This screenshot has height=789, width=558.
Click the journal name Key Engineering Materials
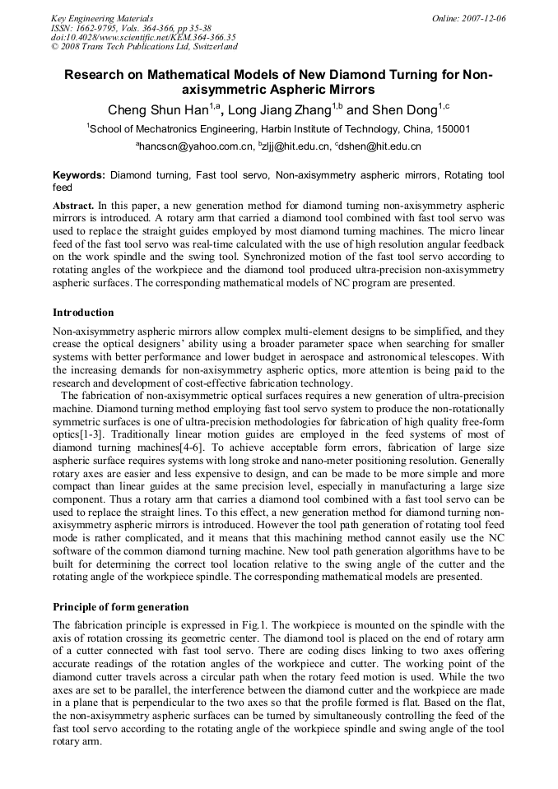102,17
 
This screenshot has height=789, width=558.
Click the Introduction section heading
83,313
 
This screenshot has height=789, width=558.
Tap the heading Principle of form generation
120,607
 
